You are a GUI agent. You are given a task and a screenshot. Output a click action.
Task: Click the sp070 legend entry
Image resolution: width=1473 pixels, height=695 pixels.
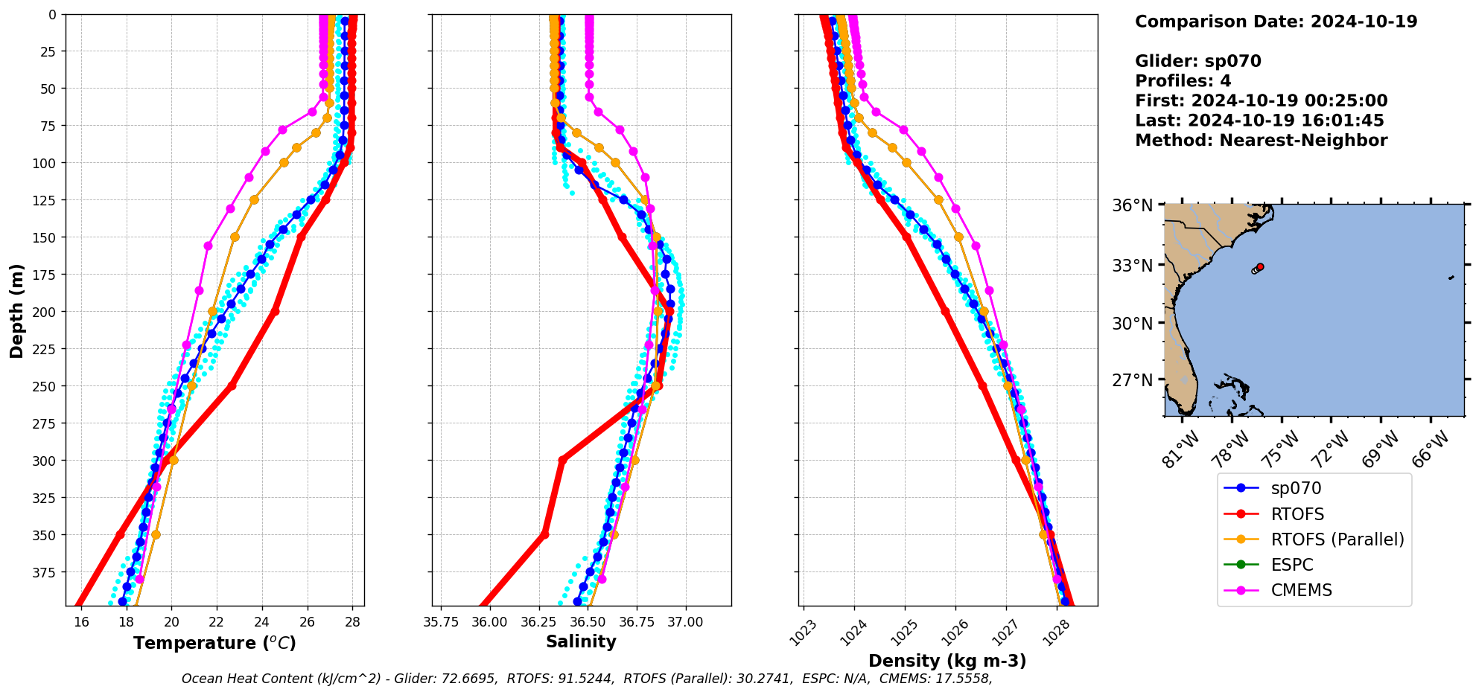click(1296, 489)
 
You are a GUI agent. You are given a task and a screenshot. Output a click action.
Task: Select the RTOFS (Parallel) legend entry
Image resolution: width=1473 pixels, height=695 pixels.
click(1337, 539)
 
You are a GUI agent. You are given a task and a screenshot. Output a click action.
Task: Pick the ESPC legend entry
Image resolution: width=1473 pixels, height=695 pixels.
click(1292, 565)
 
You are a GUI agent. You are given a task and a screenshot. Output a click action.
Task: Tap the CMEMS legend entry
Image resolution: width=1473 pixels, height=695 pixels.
click(1301, 590)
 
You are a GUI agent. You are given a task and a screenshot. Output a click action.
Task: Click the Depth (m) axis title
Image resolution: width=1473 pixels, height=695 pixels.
click(16, 310)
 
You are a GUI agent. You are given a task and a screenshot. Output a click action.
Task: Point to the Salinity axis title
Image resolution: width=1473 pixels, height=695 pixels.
click(581, 642)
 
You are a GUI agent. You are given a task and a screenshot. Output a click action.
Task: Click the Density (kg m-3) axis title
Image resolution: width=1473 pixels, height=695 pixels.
click(947, 661)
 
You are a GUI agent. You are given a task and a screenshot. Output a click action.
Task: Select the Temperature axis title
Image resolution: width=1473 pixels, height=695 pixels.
click(214, 643)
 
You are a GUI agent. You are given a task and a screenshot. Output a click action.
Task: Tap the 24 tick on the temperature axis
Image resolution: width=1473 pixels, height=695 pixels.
click(262, 622)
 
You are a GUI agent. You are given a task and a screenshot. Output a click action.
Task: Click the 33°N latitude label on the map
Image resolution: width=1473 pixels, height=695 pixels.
click(1132, 266)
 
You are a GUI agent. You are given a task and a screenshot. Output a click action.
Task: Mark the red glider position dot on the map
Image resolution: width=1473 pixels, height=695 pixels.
click(1260, 266)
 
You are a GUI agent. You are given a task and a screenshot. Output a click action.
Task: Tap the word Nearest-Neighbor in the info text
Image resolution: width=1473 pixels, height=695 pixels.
click(1303, 141)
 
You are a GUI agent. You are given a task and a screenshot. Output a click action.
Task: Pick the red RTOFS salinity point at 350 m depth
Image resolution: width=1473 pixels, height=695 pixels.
click(544, 535)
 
